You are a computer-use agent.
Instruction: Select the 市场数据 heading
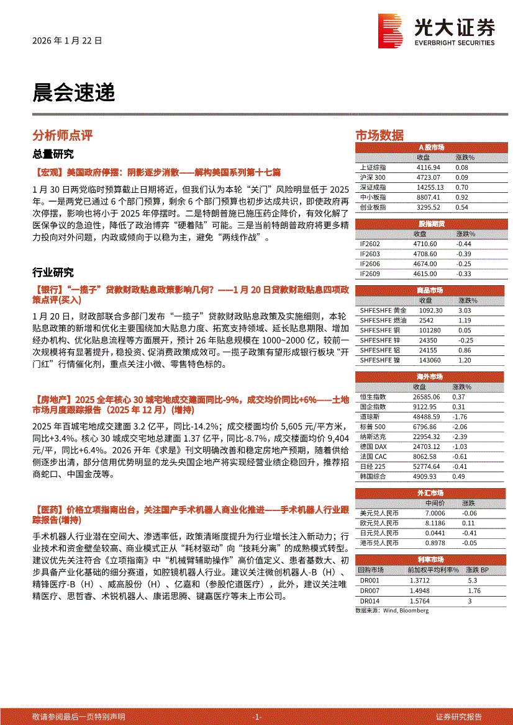379,135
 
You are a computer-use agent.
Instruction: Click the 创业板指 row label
373,207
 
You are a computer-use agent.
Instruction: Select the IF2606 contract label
370,264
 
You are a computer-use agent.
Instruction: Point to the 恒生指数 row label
373,396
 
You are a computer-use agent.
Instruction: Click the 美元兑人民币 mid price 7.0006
435,514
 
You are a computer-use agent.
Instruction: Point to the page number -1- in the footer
256,716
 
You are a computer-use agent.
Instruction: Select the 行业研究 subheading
53,272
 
